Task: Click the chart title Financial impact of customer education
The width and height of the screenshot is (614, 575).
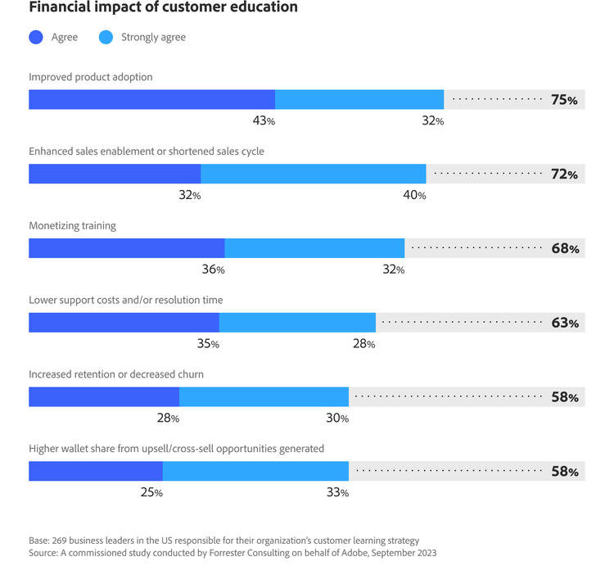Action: tap(163, 8)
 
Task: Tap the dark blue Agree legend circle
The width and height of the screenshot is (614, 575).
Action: tap(36, 37)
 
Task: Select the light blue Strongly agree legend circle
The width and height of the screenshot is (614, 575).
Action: tap(106, 37)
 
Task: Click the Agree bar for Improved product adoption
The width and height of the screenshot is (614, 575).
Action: tap(151, 99)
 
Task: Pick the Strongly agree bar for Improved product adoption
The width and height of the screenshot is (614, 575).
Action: tap(359, 99)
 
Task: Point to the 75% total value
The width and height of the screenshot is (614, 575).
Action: tap(564, 100)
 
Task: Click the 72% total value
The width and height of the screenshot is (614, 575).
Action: tap(564, 174)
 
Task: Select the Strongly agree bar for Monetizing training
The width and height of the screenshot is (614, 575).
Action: tap(314, 248)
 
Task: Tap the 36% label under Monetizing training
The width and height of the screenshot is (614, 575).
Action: tap(213, 269)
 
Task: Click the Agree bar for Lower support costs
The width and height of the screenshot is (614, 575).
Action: tap(124, 323)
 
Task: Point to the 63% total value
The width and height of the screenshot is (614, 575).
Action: tap(564, 324)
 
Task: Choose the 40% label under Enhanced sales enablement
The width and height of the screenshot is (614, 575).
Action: tap(414, 195)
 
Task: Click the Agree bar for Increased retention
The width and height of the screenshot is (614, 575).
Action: tap(104, 397)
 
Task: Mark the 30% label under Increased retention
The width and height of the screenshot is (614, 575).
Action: tap(337, 419)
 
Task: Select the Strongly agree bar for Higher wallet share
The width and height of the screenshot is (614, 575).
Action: tap(255, 472)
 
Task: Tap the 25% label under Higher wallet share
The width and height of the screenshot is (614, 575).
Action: tap(151, 493)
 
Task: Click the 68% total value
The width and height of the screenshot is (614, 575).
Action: tap(564, 249)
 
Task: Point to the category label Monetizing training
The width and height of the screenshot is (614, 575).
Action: tap(72, 225)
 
